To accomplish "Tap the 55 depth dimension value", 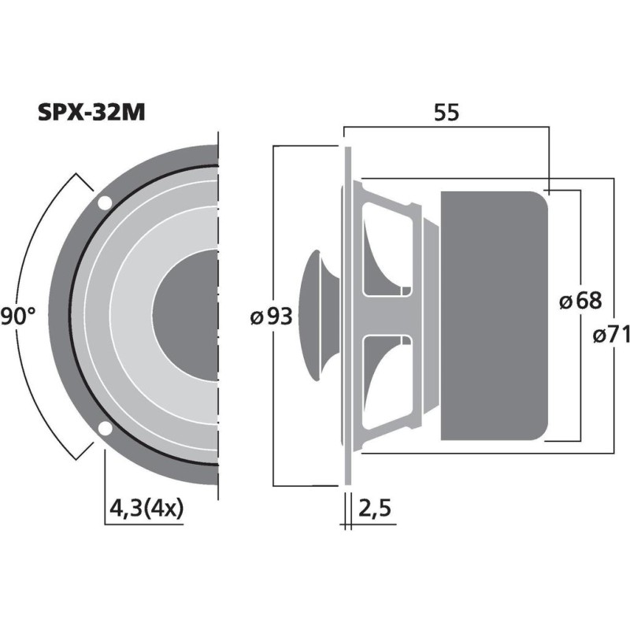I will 447,113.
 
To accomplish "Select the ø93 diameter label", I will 271,317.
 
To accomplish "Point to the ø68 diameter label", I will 580,300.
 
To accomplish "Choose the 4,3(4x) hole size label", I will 146,506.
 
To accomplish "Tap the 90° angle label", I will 17,317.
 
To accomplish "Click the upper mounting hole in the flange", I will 104,203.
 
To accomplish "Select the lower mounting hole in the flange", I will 104,428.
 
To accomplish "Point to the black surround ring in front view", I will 71,315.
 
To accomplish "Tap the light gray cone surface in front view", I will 126,315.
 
